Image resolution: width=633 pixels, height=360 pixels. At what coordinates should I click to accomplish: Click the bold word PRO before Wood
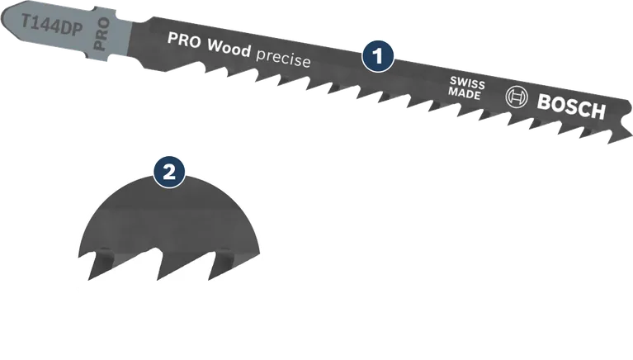tap(185, 40)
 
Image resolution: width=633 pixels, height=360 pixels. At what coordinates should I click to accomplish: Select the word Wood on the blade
tap(227, 49)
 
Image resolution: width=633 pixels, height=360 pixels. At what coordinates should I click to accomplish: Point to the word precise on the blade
tap(282, 59)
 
